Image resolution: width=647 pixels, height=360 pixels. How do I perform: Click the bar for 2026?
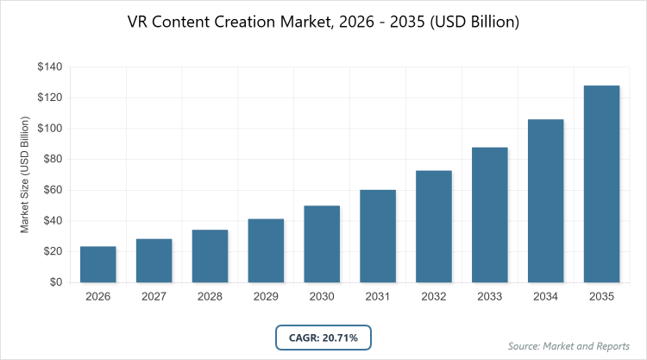pos(98,264)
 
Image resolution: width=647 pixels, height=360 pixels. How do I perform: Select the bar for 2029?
pos(266,250)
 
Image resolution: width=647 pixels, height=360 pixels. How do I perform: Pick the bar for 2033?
pos(490,215)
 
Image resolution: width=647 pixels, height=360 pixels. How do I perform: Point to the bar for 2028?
pos(210,256)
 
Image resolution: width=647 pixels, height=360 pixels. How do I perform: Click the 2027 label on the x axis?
pos(154,297)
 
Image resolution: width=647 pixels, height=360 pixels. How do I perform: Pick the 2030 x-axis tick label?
pos(322,297)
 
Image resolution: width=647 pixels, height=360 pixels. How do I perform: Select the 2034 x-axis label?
pos(545,297)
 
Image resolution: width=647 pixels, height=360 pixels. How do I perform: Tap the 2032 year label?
pos(434,297)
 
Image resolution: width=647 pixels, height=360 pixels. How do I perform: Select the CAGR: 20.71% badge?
pos(323,337)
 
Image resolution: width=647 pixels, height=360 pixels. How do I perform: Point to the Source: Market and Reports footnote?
pos(568,345)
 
